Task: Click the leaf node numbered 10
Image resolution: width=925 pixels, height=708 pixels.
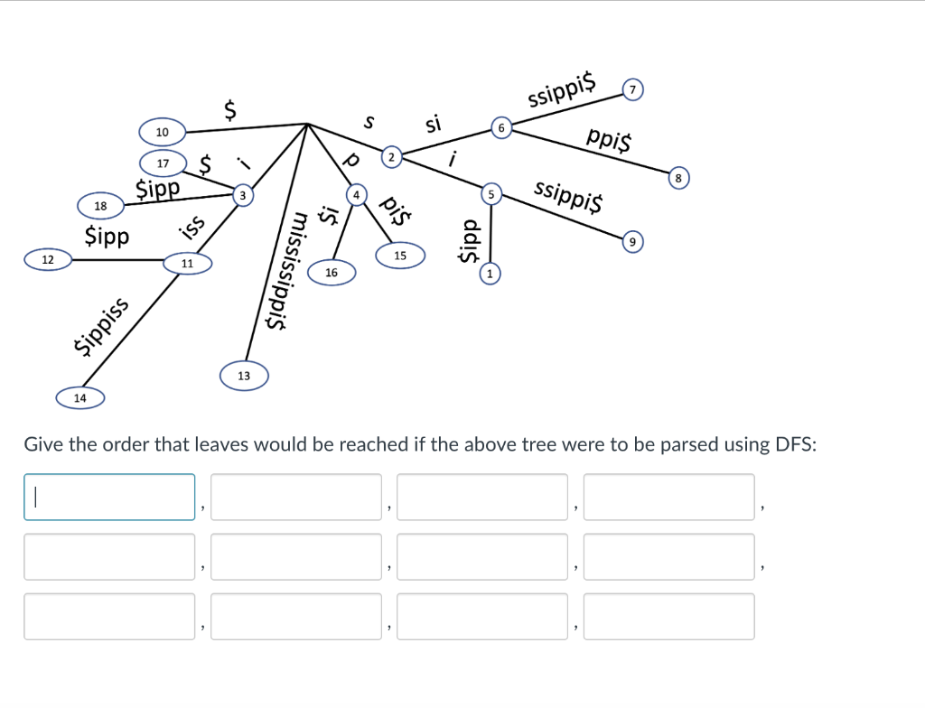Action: pyautogui.click(x=162, y=133)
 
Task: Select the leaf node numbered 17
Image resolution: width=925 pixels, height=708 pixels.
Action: pyautogui.click(x=163, y=163)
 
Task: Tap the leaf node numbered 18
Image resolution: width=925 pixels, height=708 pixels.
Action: pyautogui.click(x=100, y=206)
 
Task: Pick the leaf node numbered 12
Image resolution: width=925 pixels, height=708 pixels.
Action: pyautogui.click(x=48, y=260)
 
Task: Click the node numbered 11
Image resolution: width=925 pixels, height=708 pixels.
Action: pyautogui.click(x=187, y=264)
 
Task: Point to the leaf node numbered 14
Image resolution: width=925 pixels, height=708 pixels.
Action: pyautogui.click(x=80, y=397)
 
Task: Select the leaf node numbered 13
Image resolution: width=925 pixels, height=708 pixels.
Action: pyautogui.click(x=244, y=375)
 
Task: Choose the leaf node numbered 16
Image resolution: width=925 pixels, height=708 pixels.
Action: pyautogui.click(x=332, y=272)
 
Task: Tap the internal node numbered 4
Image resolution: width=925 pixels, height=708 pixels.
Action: pyautogui.click(x=357, y=194)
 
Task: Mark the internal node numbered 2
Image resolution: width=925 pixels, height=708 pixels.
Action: pyautogui.click(x=390, y=157)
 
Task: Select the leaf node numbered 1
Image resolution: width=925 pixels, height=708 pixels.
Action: pyautogui.click(x=490, y=272)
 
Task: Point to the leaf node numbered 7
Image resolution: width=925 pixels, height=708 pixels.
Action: pyautogui.click(x=633, y=89)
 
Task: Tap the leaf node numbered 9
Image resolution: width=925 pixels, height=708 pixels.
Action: pyautogui.click(x=633, y=241)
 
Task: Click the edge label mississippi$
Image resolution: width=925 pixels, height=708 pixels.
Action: pyautogui.click(x=289, y=271)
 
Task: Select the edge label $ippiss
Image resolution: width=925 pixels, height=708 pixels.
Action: pyautogui.click(x=101, y=326)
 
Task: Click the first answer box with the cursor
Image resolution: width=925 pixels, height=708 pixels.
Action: pyautogui.click(x=109, y=497)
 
